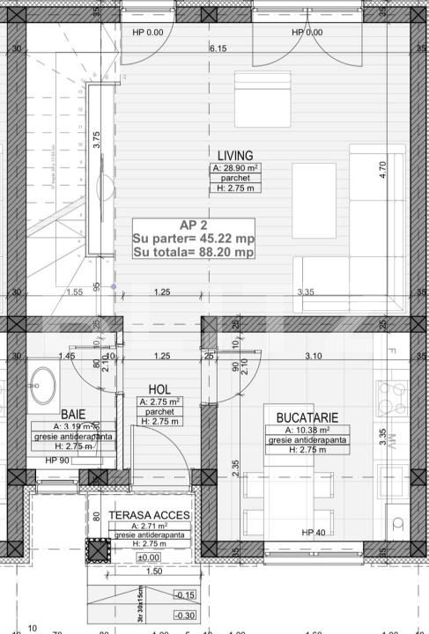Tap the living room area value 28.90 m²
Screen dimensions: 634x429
233,166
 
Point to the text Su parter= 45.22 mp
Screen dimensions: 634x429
193,237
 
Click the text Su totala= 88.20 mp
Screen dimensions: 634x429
193,251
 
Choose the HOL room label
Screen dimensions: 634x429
159,388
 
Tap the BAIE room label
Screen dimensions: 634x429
73,414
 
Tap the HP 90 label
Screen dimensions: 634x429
58,461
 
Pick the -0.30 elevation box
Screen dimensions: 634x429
185,616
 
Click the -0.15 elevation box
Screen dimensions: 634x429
185,594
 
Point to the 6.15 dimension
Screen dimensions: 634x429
218,48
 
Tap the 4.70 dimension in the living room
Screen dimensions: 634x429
381,170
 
